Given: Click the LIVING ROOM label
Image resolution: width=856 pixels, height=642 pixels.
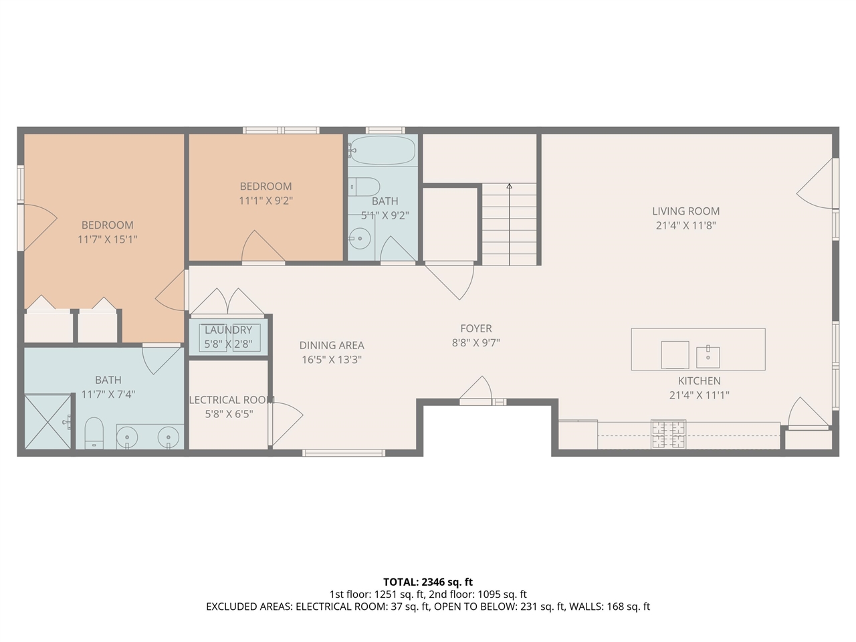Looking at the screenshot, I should (x=685, y=211).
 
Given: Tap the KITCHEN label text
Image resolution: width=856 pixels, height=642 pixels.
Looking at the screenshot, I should (x=699, y=381).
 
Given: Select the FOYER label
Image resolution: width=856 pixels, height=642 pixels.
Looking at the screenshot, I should (x=475, y=328).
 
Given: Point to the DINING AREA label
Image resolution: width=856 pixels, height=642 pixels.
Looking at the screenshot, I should (x=332, y=346).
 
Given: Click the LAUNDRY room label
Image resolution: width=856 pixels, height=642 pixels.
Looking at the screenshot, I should (x=228, y=330).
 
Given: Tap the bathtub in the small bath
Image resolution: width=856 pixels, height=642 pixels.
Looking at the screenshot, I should (x=382, y=150).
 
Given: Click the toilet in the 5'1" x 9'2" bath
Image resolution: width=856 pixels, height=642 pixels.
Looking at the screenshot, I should (x=365, y=186).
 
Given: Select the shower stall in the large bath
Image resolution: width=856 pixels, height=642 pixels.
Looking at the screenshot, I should (x=47, y=421).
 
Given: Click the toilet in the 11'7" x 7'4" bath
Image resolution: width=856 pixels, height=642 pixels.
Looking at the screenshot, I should (x=94, y=433).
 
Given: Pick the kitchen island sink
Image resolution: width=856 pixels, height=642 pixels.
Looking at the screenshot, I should (x=708, y=356).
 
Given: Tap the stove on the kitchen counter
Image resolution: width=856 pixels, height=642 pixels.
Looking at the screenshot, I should (x=669, y=433).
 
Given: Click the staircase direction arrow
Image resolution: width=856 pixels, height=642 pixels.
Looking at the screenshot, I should (x=510, y=187).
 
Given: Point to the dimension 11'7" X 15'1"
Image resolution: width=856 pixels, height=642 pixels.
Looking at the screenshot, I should (x=107, y=239).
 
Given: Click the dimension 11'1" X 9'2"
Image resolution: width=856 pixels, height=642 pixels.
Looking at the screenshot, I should (x=265, y=201).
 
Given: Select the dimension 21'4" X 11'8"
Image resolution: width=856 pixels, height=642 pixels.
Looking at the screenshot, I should (x=685, y=226).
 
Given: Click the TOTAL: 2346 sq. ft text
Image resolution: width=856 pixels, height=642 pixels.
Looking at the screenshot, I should (x=427, y=582).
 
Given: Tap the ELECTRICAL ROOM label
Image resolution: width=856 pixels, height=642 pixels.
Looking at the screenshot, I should (x=231, y=400).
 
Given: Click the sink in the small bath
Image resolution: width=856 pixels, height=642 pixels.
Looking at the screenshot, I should (x=360, y=237).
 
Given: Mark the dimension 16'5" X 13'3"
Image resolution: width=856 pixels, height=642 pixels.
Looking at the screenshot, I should (x=332, y=360).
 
